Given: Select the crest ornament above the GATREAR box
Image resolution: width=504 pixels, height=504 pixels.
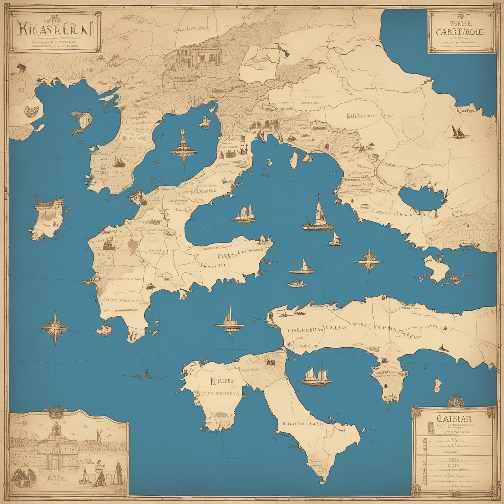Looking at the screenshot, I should tap(456, 400).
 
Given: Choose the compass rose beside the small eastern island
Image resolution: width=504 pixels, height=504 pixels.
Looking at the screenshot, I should tap(369, 261).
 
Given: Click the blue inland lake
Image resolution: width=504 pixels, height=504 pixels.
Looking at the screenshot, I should tap(421, 199).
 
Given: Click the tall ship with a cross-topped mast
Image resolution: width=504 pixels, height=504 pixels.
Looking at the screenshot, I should tap(318, 215).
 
